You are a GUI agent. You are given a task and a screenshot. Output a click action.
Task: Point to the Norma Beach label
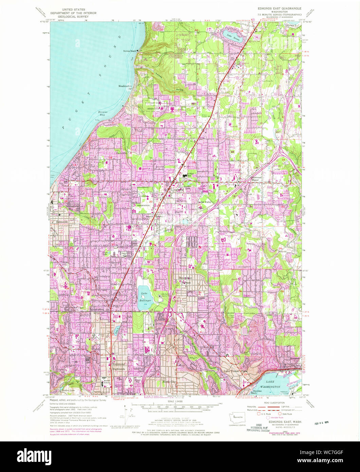(129, 51)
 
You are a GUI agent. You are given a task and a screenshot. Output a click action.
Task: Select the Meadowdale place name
(125, 86)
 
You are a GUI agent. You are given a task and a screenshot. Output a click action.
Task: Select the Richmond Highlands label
(119, 366)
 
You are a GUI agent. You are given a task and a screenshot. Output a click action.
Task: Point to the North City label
(169, 382)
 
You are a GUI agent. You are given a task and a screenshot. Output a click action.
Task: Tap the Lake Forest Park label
(235, 371)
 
